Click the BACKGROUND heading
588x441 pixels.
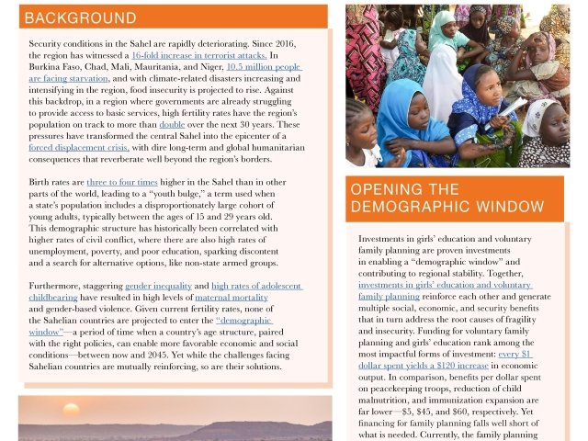(81, 18)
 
